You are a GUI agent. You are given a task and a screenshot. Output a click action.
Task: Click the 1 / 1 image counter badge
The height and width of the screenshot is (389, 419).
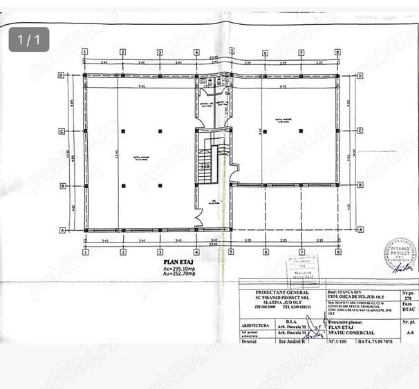point(29,39)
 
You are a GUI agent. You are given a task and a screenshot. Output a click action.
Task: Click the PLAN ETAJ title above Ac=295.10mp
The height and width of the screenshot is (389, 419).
point(177,262)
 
